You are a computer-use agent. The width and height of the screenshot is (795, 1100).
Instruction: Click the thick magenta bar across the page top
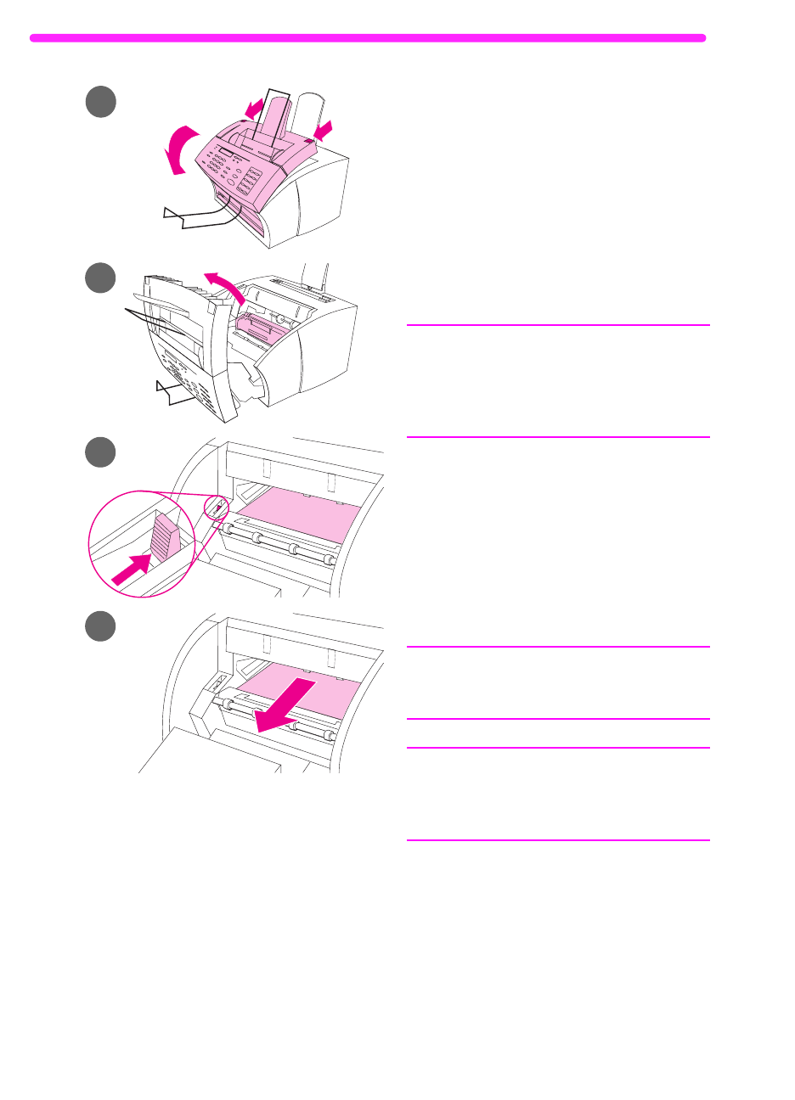point(367,38)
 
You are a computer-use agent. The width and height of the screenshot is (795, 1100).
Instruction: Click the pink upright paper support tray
point(273,119)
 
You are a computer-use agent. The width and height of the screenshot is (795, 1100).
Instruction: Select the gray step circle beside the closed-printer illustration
point(100,102)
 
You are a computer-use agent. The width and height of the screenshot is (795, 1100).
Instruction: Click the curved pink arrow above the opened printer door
point(228,284)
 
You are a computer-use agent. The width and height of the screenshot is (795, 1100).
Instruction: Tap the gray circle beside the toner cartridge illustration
point(100,278)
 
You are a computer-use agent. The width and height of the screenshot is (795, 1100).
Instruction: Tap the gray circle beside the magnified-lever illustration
point(100,452)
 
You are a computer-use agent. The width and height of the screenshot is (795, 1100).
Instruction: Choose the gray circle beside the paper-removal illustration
point(100,626)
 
